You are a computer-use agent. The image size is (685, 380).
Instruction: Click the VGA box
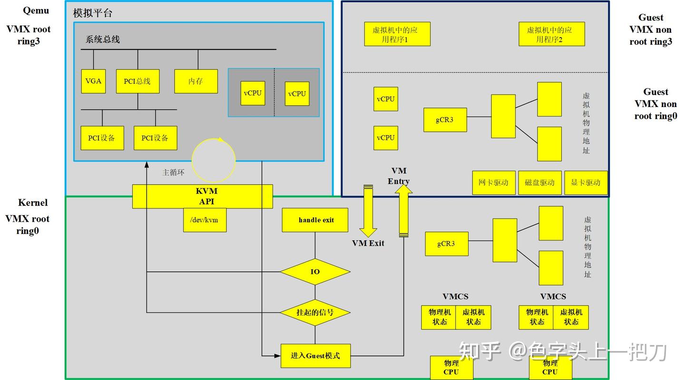[x=93, y=81]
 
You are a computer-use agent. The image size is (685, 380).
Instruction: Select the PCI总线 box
[x=137, y=81]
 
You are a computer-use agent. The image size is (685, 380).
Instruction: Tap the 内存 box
[x=196, y=81]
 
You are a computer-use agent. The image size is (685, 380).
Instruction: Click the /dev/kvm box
[x=205, y=220]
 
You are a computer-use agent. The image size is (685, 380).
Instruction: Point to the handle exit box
[x=315, y=220]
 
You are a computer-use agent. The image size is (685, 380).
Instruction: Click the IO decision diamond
[x=315, y=272]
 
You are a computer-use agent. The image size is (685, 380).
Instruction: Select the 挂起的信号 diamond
[x=315, y=312]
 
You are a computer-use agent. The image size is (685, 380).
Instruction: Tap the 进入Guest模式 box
[x=315, y=356]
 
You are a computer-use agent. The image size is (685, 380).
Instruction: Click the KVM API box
[x=203, y=196]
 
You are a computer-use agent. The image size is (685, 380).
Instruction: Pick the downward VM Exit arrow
[x=368, y=211]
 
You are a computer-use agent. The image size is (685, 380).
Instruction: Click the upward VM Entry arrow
[x=404, y=211]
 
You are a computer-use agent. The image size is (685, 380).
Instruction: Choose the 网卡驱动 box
[x=494, y=183]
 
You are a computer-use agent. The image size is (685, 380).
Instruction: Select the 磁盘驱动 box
[x=540, y=183]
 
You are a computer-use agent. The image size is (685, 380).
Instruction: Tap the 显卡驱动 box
[x=586, y=183]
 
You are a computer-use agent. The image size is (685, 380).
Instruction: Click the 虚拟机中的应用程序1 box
[x=397, y=34]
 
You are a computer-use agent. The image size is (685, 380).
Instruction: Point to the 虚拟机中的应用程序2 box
[x=552, y=34]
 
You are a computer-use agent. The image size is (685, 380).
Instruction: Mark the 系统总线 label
[x=102, y=39]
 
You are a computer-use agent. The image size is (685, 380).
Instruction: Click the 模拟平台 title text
[x=93, y=13]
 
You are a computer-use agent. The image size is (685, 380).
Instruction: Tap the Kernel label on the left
[x=33, y=203]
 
